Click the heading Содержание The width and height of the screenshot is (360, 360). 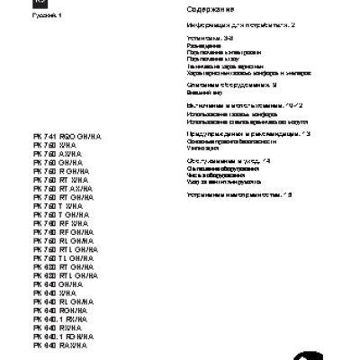tap(211, 9)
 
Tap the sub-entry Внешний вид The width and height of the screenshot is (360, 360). tap(201, 92)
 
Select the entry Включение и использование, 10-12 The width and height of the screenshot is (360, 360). tap(245, 105)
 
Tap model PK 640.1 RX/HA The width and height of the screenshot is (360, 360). tap(58, 319)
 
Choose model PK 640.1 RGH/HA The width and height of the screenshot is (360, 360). tap(61, 336)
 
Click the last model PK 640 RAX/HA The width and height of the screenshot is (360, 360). tap(58, 345)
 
